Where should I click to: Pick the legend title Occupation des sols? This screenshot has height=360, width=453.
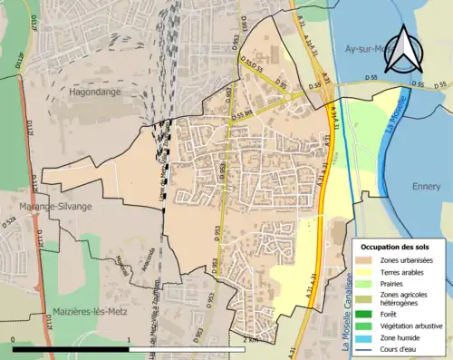(395, 247)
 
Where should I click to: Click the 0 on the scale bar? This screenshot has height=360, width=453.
(14, 338)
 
